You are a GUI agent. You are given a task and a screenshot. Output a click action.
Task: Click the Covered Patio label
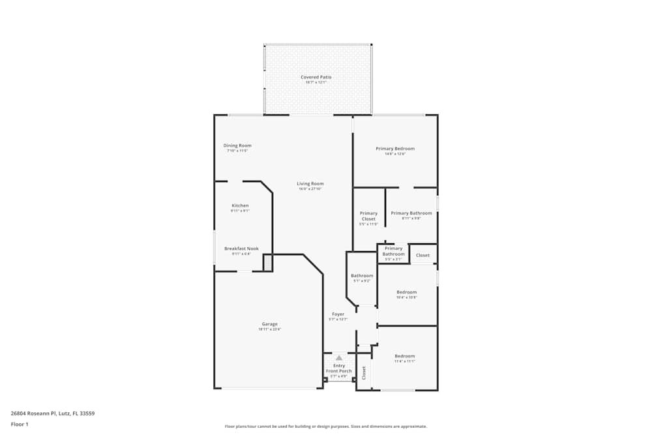pyautogui.click(x=316, y=77)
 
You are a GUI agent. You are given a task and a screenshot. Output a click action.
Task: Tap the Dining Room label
pyautogui.click(x=237, y=145)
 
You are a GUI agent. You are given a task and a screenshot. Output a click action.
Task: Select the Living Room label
pyautogui.click(x=310, y=184)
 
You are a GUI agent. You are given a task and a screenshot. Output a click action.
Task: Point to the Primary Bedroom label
pyautogui.click(x=395, y=149)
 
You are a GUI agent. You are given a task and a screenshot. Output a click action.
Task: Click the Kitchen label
pyautogui.click(x=240, y=205)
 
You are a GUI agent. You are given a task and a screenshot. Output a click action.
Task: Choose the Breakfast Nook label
pyautogui.click(x=241, y=248)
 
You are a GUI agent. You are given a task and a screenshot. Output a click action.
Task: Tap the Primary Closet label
pyautogui.click(x=368, y=216)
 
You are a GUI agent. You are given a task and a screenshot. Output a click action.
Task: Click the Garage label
pyautogui.click(x=270, y=324)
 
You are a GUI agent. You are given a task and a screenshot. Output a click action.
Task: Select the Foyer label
pyautogui.click(x=338, y=314)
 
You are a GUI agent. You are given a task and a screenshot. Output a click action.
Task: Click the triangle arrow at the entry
pyautogui.click(x=339, y=357)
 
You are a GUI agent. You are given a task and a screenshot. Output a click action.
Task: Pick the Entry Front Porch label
pyautogui.click(x=339, y=368)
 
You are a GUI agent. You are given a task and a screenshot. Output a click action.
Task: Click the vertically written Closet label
pyautogui.click(x=364, y=373)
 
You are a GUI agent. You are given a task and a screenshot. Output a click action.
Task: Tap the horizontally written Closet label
pyautogui.click(x=422, y=255)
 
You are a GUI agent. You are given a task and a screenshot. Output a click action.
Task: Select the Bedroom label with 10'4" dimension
pyautogui.click(x=407, y=292)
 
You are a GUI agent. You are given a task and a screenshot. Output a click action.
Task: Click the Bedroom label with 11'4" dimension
pyautogui.click(x=404, y=356)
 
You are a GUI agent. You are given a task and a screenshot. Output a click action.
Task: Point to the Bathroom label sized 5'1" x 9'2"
pyautogui.click(x=362, y=276)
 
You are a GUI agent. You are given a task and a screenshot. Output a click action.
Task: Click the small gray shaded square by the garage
pyautogui.click(x=268, y=263)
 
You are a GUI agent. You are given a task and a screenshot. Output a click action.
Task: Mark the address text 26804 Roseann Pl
pyautogui.click(x=53, y=413)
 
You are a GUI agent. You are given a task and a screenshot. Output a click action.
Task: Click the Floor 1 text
pyautogui.click(x=20, y=424)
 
